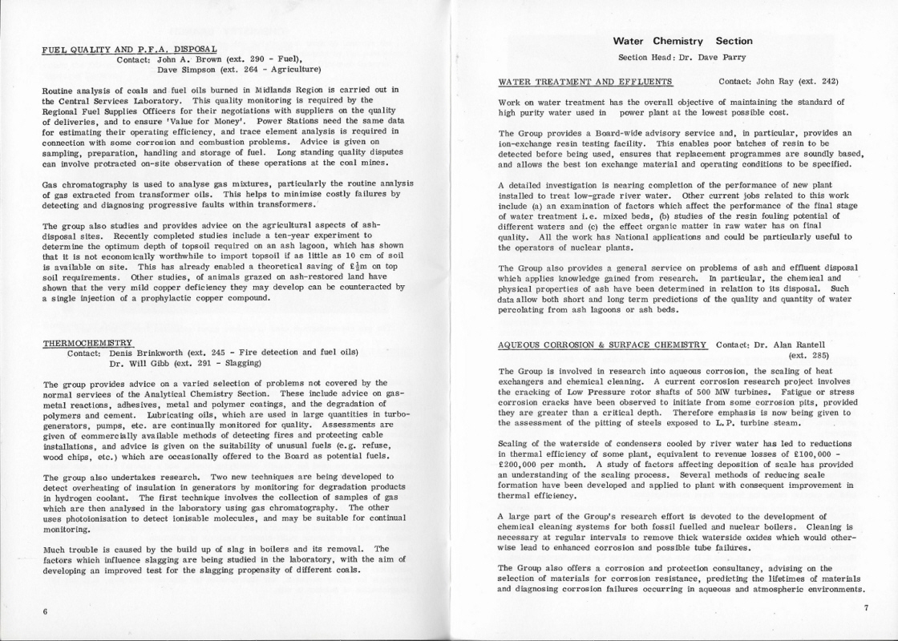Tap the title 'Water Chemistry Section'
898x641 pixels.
click(x=682, y=41)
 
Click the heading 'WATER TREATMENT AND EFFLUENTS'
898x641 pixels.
click(x=585, y=81)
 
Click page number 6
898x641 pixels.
click(x=45, y=611)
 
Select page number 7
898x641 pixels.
click(x=865, y=608)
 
